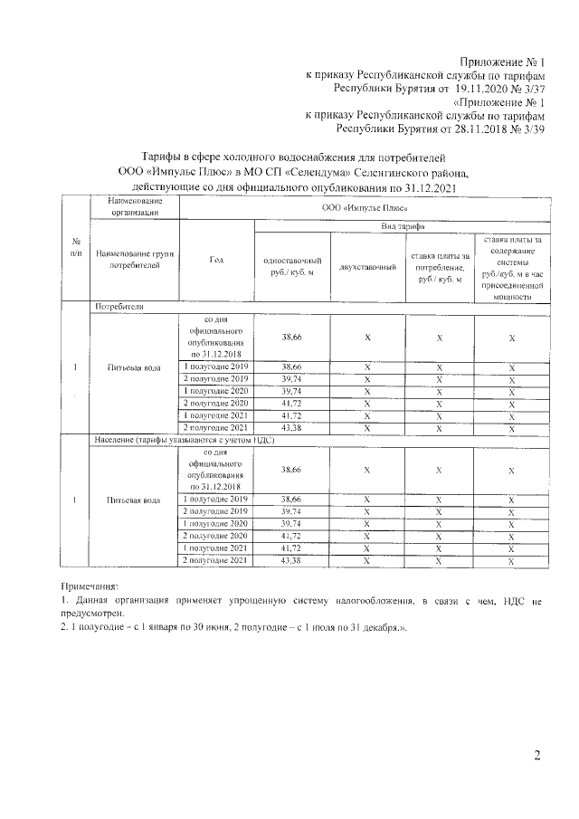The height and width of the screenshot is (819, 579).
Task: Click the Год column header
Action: [216, 260]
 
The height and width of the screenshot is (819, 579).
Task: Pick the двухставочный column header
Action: [367, 267]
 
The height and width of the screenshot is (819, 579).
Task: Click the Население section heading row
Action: [184, 440]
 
